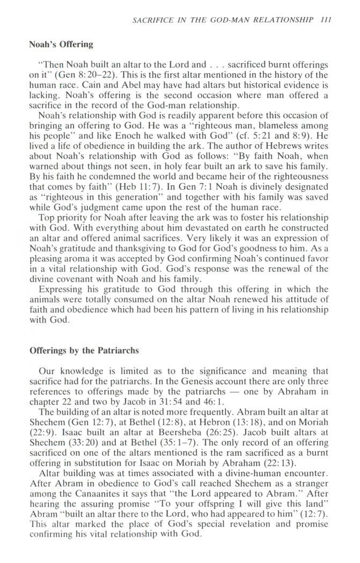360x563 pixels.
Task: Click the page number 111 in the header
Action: point(325,20)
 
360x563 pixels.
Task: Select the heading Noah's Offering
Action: point(61,44)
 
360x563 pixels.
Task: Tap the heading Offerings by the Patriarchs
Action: point(84,351)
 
